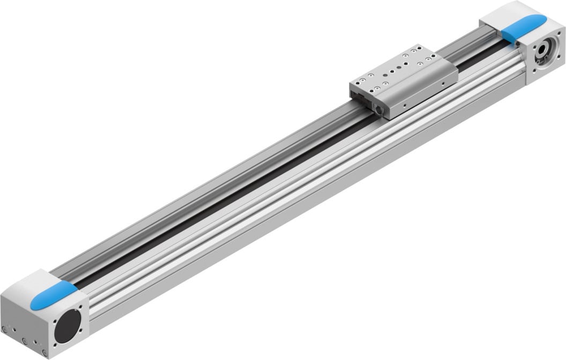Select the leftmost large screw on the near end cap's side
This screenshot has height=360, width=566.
[5, 329]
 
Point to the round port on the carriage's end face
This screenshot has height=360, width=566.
[380, 109]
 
